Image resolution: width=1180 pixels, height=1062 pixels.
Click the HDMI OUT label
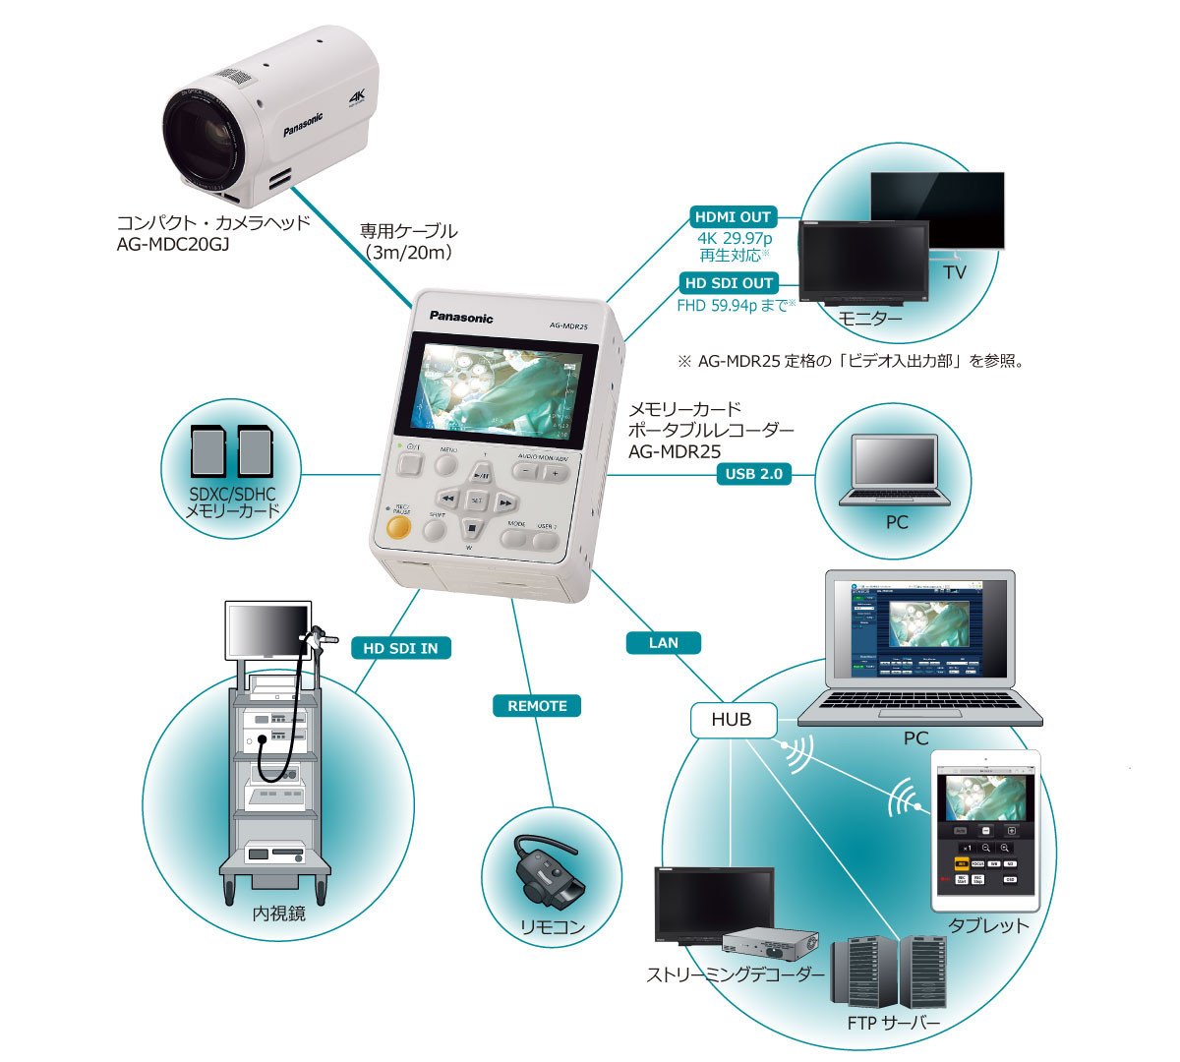(733, 217)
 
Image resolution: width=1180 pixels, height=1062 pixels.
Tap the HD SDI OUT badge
(731, 283)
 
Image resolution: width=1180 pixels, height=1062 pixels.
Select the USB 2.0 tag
(753, 474)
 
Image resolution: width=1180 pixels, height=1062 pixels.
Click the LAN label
(663, 642)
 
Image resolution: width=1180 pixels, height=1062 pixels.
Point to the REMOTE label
(537, 706)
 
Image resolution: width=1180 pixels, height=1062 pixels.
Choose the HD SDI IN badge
(400, 648)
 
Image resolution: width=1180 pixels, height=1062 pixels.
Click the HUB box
(732, 720)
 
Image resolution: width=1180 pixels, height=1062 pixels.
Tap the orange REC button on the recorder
(398, 527)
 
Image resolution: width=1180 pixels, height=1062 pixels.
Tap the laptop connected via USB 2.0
(894, 470)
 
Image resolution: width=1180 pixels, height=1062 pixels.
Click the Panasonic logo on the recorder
(461, 318)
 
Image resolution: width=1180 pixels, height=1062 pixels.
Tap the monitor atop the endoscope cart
(267, 631)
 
